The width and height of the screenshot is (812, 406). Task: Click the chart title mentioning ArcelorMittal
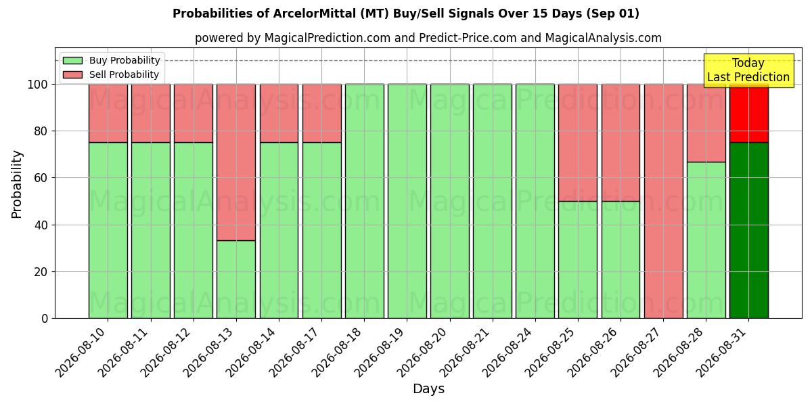405,14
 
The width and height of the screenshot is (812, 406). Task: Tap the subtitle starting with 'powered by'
428,38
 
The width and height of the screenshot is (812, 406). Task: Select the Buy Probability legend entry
112,60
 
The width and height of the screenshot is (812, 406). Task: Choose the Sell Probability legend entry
111,74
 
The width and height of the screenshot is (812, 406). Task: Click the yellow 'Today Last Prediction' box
748,70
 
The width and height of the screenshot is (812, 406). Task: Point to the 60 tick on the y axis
41,178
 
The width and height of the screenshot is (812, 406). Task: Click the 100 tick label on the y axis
38,85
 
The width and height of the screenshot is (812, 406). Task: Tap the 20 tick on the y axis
41,272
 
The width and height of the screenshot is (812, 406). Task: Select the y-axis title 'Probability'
17,184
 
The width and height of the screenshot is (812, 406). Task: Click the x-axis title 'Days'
428,388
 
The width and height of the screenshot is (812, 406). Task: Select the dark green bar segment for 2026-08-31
749,230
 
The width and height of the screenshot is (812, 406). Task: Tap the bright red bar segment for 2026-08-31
749,114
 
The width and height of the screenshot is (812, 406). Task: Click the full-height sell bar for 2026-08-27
664,201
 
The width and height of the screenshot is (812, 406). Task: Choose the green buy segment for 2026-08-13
236,279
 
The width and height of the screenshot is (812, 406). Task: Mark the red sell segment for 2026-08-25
578,143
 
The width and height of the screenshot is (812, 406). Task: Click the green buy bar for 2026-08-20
450,201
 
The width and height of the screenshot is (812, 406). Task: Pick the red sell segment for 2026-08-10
108,114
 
